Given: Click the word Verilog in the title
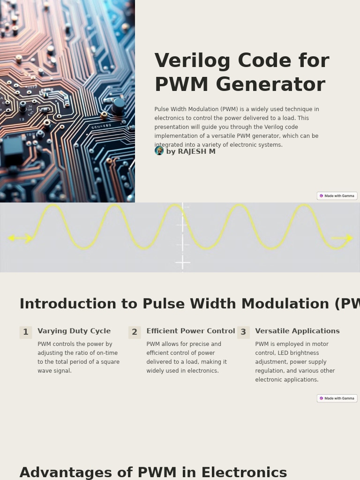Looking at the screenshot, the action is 192,61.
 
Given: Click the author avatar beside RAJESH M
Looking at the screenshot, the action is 159,150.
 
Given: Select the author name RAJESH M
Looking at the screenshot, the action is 196,151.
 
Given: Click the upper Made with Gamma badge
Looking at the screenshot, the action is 337,196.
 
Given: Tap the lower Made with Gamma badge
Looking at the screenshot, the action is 337,398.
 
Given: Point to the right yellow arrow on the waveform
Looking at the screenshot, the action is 343,238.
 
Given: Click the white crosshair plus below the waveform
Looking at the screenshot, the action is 182,262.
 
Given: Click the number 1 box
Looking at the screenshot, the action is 26,332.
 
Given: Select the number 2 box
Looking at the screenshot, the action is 135,332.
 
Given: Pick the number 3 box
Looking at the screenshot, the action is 243,332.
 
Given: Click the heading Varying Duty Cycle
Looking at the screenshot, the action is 74,331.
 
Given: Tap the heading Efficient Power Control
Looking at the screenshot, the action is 190,331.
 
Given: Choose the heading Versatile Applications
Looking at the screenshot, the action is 297,331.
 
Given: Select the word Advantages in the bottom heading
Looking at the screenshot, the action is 66,472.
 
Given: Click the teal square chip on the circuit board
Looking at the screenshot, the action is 13,147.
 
